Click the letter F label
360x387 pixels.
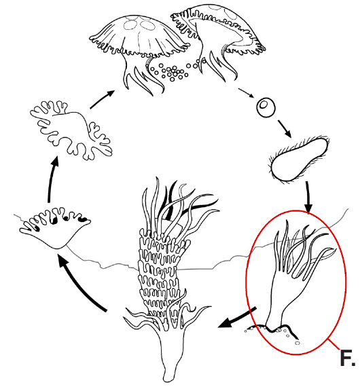click(347, 358)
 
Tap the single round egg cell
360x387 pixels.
click(266, 107)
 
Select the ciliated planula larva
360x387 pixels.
click(300, 159)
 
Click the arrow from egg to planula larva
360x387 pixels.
click(285, 128)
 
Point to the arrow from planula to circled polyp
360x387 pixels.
click(308, 196)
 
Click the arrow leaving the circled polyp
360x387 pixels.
click(237, 318)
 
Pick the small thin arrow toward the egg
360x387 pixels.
click(246, 93)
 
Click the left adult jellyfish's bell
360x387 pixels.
click(140, 37)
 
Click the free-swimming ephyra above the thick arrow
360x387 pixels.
click(71, 129)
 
